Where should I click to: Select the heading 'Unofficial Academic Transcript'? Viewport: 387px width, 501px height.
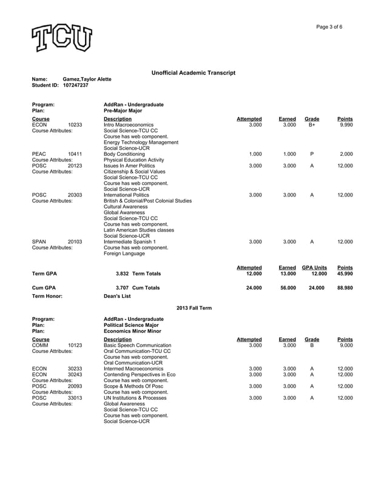193,73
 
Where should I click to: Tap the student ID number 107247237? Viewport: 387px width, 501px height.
76,86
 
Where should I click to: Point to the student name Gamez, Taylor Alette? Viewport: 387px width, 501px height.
87,79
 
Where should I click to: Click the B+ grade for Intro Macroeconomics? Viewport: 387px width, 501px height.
311,125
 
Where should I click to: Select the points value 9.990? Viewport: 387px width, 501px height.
346,125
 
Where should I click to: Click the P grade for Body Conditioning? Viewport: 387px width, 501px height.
311,154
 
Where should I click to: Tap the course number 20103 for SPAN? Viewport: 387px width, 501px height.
75,241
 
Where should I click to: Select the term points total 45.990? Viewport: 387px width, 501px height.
345,274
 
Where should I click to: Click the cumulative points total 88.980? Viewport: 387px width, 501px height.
345,287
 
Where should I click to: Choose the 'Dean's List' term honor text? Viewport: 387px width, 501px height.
117,297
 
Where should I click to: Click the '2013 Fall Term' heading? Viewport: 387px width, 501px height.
193,308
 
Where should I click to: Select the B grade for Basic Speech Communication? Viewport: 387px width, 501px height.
311,345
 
